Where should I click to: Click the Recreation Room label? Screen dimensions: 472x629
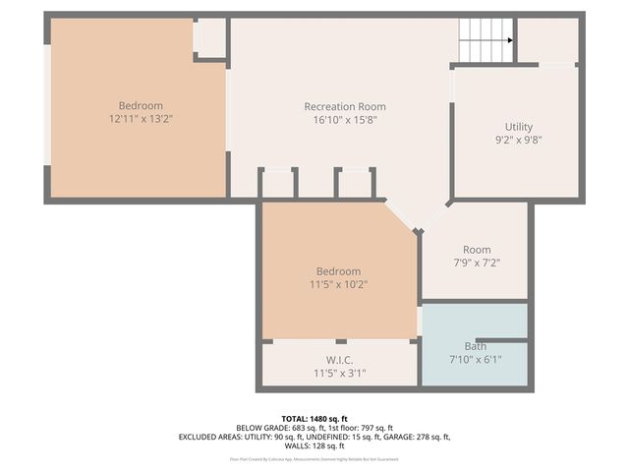(x=345, y=106)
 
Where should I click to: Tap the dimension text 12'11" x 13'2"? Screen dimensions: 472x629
(x=141, y=119)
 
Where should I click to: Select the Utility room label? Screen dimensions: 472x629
(x=519, y=127)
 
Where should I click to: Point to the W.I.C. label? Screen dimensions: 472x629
(x=339, y=360)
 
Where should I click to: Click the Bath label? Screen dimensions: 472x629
(x=475, y=346)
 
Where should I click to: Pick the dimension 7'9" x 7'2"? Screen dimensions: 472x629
(x=476, y=263)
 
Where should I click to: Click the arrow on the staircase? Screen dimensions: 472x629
(x=508, y=40)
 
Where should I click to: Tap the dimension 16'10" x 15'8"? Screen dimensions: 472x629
(x=345, y=119)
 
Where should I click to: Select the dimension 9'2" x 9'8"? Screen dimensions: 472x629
(x=519, y=140)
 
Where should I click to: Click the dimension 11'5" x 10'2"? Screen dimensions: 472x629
(x=338, y=284)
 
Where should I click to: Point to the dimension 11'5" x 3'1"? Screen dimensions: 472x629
(x=339, y=373)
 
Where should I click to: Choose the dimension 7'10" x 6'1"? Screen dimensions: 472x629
(x=475, y=359)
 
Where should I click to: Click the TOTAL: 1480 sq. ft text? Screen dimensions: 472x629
(x=314, y=418)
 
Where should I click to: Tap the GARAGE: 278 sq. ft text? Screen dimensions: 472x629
(x=414, y=437)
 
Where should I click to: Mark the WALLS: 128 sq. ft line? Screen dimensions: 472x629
(x=314, y=445)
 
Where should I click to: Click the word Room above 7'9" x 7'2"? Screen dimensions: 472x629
(x=476, y=250)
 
